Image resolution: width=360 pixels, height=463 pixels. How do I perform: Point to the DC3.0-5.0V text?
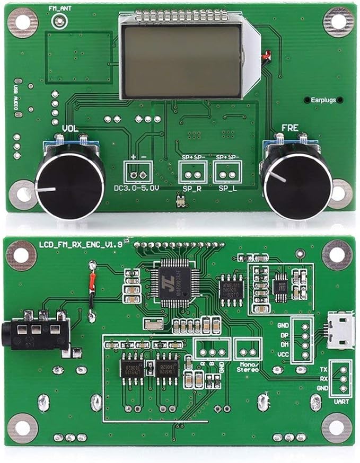137,188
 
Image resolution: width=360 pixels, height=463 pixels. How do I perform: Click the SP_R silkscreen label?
191,188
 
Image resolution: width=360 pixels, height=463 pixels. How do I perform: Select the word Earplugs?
323,99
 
